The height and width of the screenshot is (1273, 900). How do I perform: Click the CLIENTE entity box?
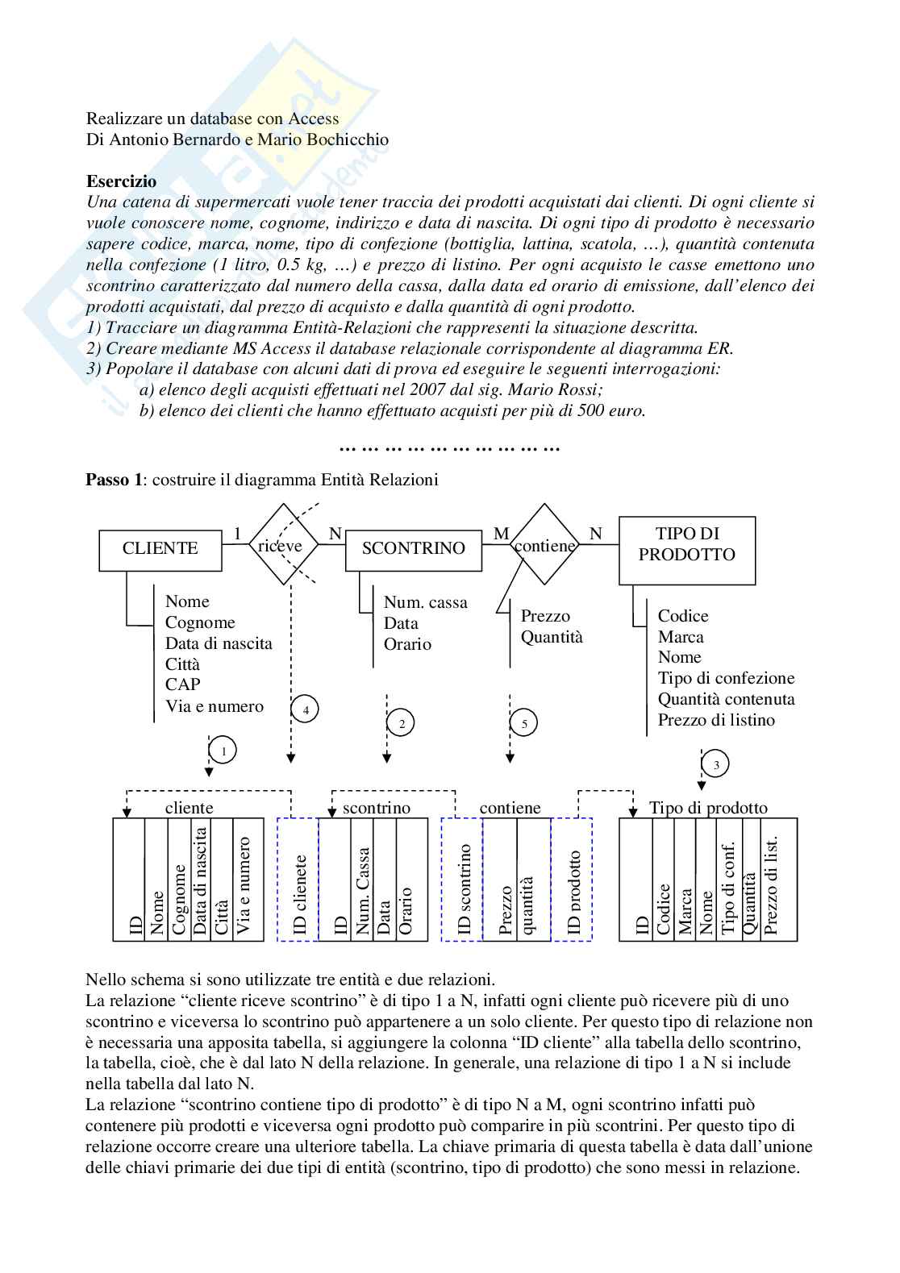(x=160, y=550)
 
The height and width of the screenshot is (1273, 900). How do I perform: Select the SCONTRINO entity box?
(x=413, y=550)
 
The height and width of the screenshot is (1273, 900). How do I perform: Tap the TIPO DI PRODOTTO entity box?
(x=686, y=550)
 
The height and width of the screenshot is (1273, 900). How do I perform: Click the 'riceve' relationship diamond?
(x=281, y=545)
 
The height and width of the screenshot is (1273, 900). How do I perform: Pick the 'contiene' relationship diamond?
(x=545, y=545)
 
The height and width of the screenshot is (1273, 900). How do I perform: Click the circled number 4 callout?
(x=305, y=709)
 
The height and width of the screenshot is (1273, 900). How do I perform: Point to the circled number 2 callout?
(x=402, y=723)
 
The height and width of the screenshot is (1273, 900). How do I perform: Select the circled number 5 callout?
(x=524, y=723)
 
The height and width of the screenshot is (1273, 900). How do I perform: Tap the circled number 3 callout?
(x=715, y=764)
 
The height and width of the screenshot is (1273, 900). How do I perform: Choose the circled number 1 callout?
(x=223, y=751)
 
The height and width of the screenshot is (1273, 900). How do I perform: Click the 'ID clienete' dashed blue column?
(x=298, y=880)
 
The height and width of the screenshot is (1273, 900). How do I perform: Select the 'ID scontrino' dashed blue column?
(x=462, y=880)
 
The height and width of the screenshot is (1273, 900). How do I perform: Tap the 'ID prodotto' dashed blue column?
(x=572, y=880)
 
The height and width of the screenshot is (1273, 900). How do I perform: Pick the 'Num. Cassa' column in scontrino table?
(x=362, y=880)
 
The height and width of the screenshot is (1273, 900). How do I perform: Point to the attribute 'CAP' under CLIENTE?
(x=182, y=685)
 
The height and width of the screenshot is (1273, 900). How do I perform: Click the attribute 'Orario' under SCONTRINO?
(x=407, y=644)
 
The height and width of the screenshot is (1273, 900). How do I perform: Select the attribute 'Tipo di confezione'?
(x=726, y=678)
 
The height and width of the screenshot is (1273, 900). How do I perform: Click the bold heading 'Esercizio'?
(x=121, y=181)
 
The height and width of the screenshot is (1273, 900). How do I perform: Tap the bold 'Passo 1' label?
(x=107, y=480)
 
